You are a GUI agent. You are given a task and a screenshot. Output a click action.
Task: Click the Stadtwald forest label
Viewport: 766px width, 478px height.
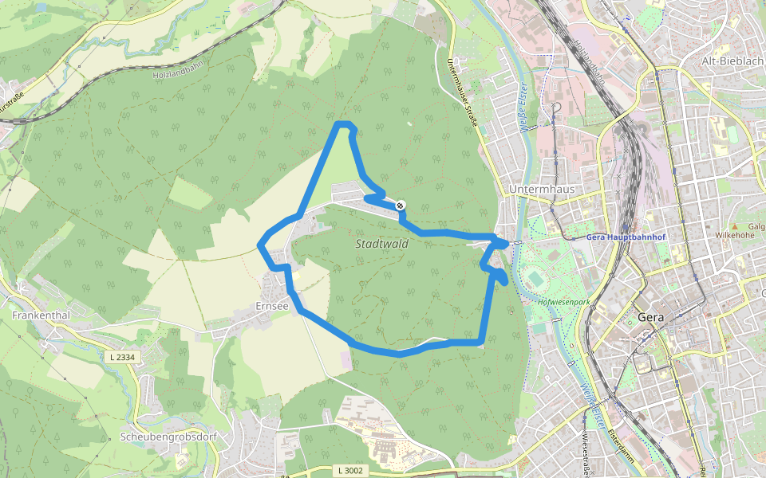tap(381, 244)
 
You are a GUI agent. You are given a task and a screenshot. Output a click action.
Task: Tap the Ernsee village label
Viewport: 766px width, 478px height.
tap(271, 305)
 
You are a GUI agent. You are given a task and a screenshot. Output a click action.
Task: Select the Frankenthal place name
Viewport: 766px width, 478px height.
tap(41, 315)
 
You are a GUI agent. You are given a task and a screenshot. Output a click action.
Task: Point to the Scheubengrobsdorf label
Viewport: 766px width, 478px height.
tap(168, 437)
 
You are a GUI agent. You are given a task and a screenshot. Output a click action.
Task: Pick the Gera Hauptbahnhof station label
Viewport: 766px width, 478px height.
tap(625, 237)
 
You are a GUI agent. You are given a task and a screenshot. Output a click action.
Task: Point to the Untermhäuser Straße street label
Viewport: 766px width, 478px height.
tap(462, 93)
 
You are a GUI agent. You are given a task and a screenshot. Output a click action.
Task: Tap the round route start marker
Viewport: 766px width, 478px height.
tap(401, 205)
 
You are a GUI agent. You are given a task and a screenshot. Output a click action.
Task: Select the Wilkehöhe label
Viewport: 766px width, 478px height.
tap(734, 235)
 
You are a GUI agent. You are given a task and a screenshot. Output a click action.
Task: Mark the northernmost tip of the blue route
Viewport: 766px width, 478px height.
tap(344, 123)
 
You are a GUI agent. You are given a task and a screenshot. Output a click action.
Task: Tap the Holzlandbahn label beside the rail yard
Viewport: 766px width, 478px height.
tap(589, 61)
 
